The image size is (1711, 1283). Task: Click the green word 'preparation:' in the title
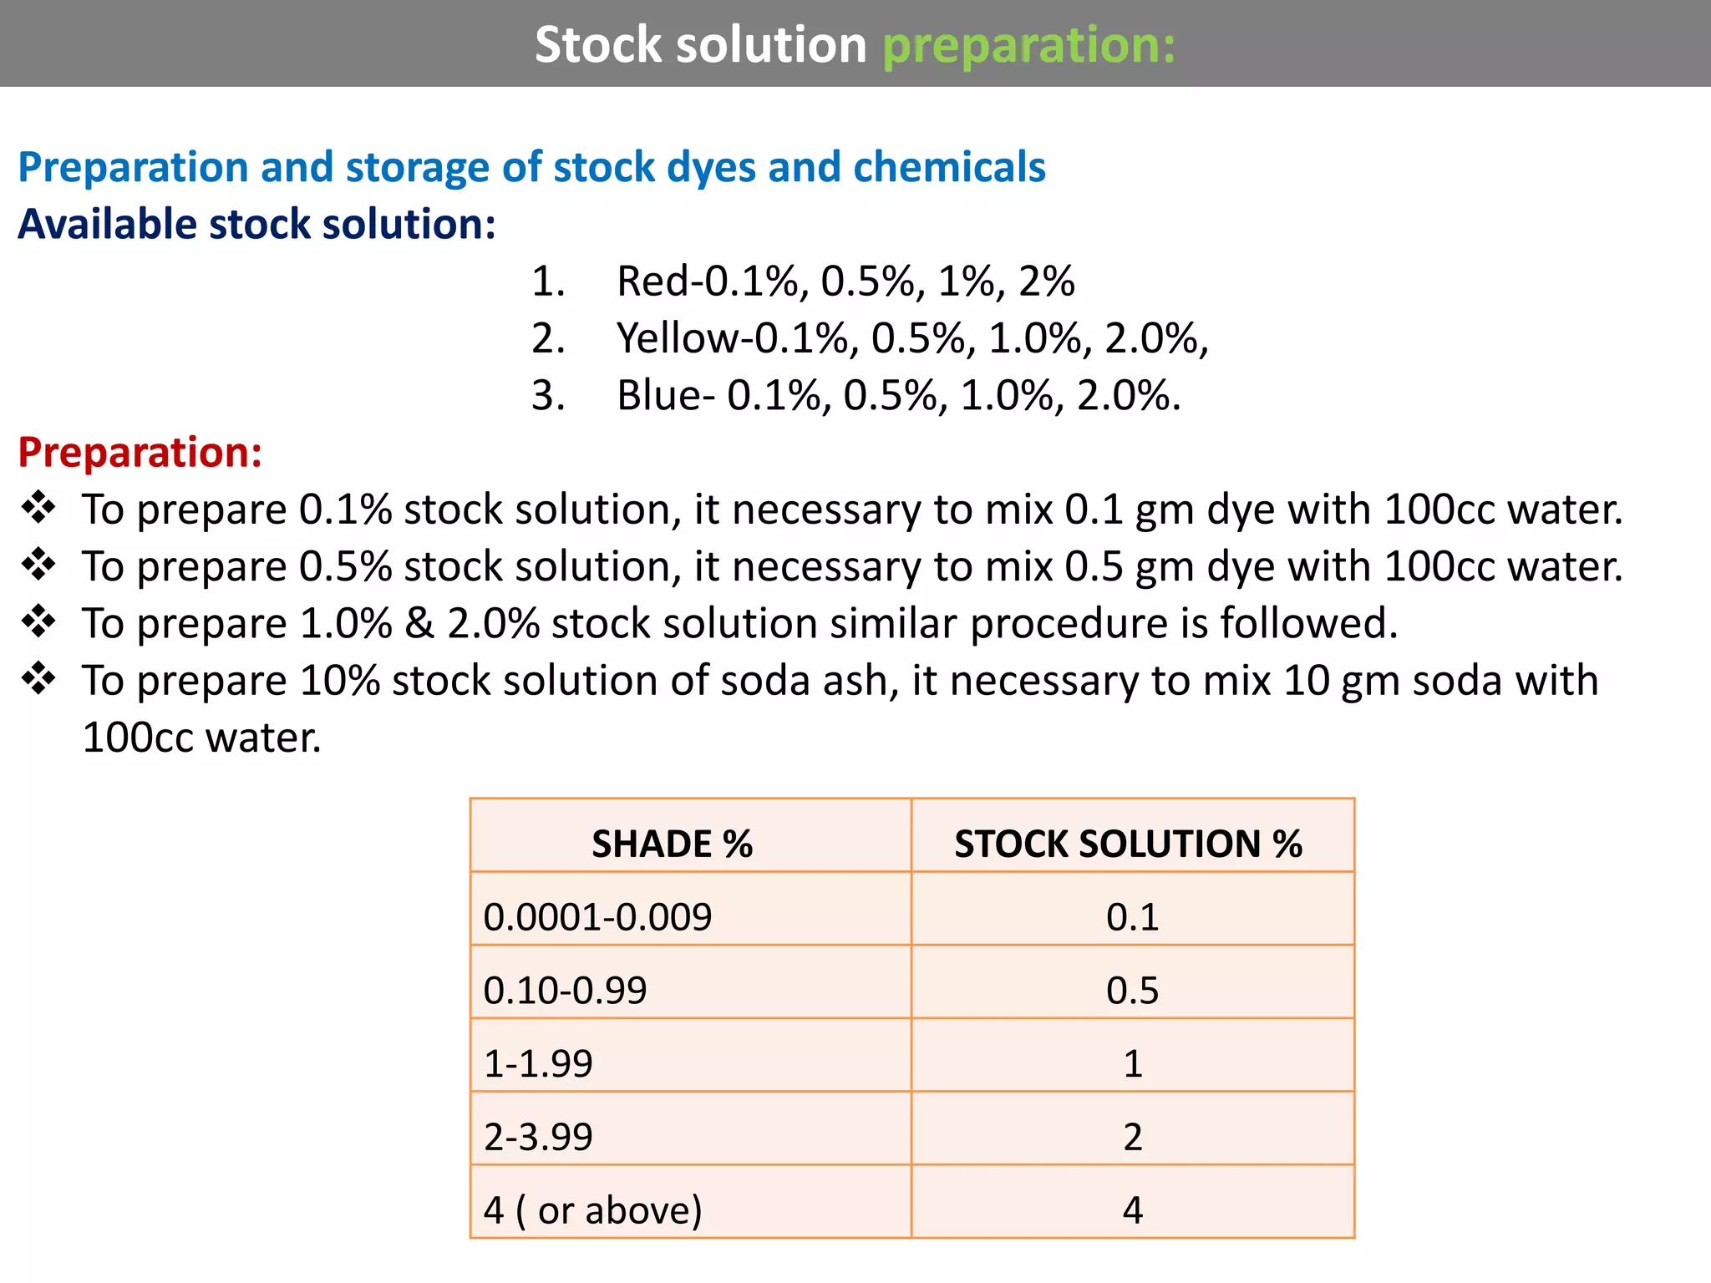coord(1028,45)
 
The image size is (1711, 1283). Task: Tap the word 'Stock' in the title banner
coord(598,44)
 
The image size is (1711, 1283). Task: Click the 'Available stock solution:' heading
coord(256,224)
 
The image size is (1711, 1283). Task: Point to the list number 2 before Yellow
coord(547,338)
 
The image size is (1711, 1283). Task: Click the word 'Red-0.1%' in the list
coord(707,281)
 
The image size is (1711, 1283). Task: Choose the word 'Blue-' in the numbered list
coord(665,395)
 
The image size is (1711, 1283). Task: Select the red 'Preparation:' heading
coord(140,452)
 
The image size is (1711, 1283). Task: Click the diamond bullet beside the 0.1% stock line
coord(38,508)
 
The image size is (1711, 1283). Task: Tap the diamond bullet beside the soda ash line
coord(38,678)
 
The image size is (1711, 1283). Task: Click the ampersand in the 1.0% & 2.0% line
coord(419,624)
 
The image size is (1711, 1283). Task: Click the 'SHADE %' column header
coord(672,844)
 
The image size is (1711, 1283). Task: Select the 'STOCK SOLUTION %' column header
coord(1128,844)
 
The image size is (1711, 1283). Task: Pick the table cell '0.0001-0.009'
coord(597,917)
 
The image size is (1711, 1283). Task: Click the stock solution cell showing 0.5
coord(1132,991)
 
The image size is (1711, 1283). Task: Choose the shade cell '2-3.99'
coord(538,1137)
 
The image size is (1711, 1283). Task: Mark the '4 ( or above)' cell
coord(592,1210)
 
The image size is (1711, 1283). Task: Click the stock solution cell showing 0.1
coord(1132,917)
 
